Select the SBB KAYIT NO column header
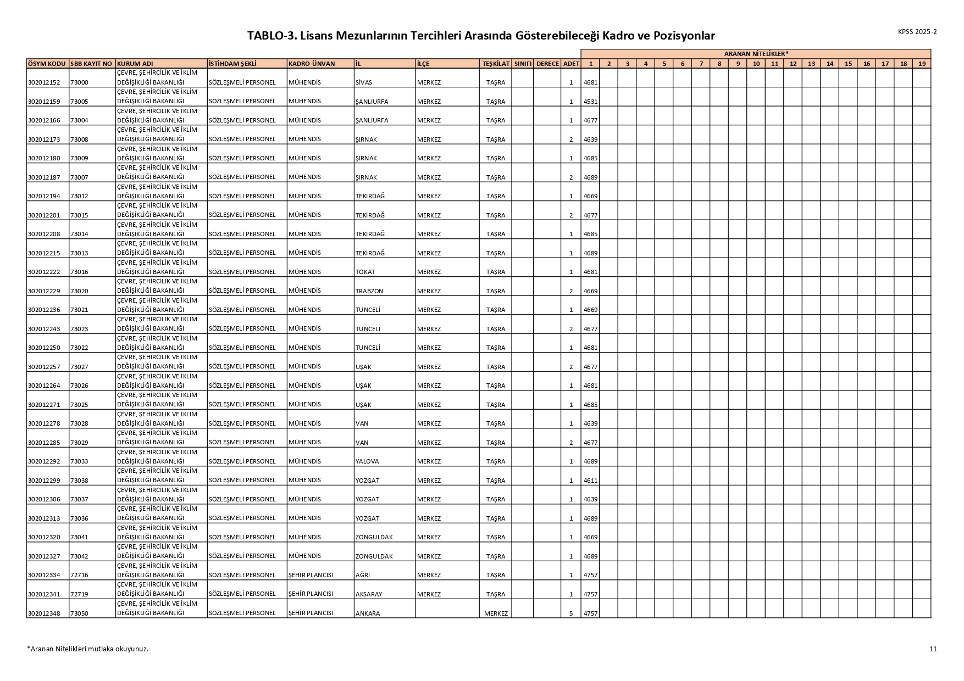coord(92,64)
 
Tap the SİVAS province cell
coord(364,82)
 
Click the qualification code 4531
coord(590,102)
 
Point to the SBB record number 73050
coord(79,613)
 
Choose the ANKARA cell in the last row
coord(368,613)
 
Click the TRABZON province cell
coord(369,291)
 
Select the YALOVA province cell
coord(367,461)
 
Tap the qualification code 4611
coord(590,481)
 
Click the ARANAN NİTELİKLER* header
coord(756,54)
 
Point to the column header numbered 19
coord(922,64)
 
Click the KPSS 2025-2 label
coord(917,32)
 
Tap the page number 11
coord(933,649)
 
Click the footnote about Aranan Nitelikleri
coord(88,649)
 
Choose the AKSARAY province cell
coord(369,594)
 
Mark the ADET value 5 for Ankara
coord(571,613)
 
